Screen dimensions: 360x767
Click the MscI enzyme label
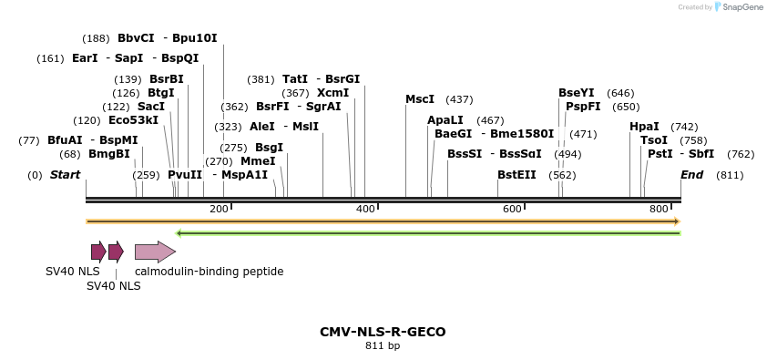pos(420,99)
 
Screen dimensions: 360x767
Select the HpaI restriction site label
pos(644,127)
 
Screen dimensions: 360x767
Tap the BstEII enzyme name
pos(516,174)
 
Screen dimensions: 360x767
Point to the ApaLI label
pos(445,120)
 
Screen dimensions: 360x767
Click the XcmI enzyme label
pos(332,93)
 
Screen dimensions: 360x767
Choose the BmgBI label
pos(109,154)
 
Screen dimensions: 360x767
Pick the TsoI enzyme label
pos(654,140)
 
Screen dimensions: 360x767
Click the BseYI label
pos(576,93)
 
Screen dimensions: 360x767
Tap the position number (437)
pos(459,99)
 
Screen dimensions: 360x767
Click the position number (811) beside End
pos(730,175)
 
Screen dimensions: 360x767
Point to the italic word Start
pos(65,175)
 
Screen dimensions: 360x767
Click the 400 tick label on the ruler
pos(365,210)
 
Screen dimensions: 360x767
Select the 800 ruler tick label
pos(659,210)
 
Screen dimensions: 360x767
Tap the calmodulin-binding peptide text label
pos(209,272)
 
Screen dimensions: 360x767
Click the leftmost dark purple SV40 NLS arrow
pos(98,252)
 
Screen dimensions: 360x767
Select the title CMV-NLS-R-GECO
pos(383,332)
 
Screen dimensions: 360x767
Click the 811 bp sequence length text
pos(383,346)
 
